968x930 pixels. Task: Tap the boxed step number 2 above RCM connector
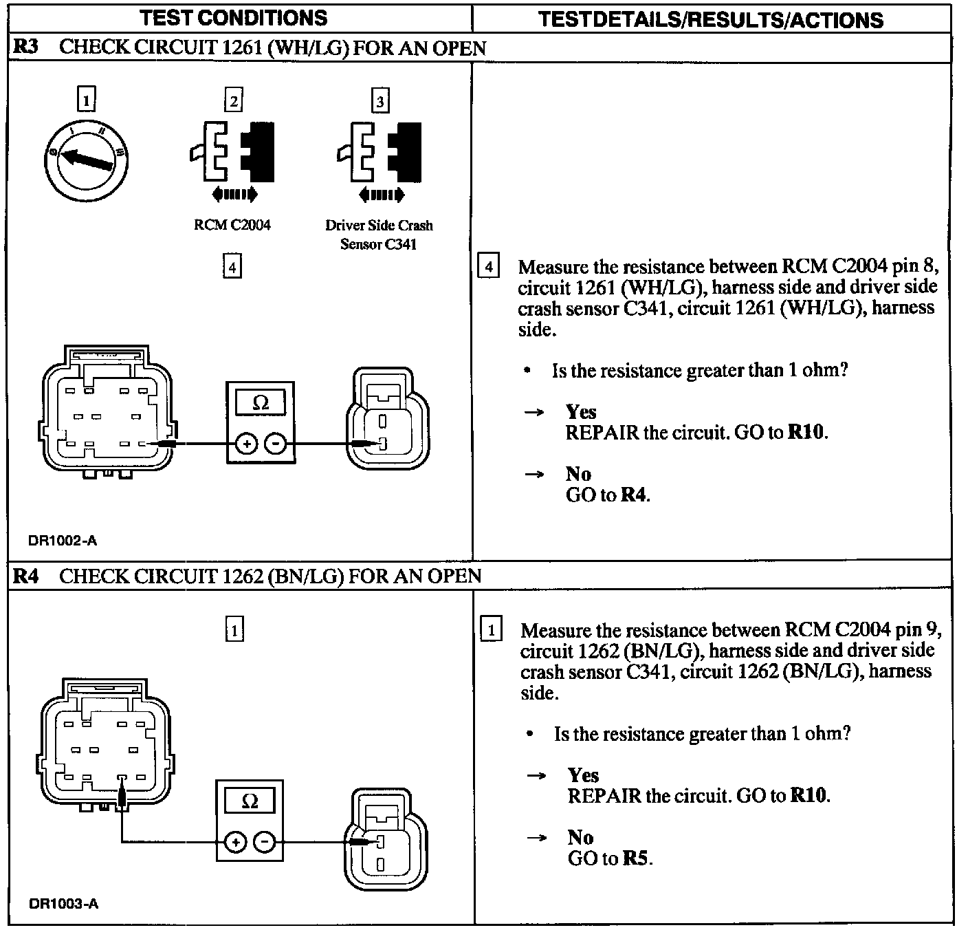coord(234,101)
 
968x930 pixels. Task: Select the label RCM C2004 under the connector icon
coord(232,225)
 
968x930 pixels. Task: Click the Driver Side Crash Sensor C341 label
coord(379,235)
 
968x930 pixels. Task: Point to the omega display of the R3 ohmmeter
coord(261,402)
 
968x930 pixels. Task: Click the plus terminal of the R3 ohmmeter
coord(245,444)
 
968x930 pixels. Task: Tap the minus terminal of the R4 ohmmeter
coord(265,841)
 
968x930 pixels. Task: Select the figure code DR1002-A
coord(63,541)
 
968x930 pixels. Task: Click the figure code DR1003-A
coord(64,903)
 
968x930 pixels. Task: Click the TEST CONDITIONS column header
coord(234,18)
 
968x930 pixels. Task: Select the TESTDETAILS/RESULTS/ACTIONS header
coord(710,19)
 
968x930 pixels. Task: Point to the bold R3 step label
coord(25,47)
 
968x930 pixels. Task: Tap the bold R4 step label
coord(25,576)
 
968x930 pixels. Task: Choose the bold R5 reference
coord(636,858)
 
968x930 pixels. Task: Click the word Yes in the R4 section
coord(583,775)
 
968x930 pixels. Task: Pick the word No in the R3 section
coord(578,474)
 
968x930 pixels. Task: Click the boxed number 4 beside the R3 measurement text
coord(488,266)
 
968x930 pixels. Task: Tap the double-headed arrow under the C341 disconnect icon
coord(382,195)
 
